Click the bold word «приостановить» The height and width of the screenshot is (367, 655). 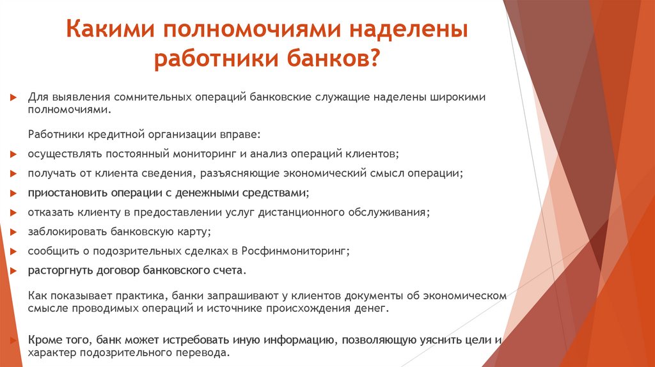coord(61,192)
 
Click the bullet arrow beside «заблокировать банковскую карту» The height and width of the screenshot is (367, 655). coord(13,232)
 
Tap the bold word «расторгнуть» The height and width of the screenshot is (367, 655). coord(57,270)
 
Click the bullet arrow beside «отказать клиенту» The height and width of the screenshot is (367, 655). coord(13,213)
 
